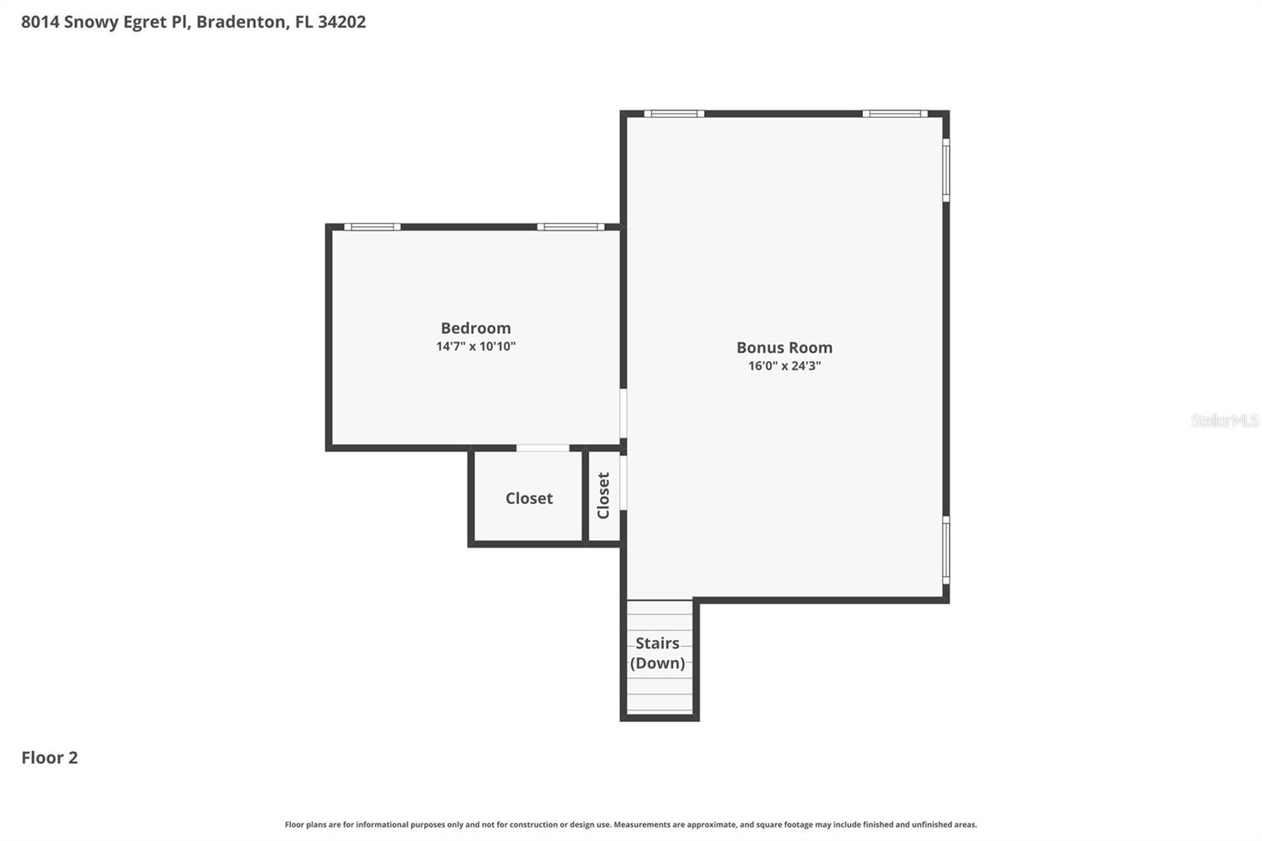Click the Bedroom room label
pos(476,328)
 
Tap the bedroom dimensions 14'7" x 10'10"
pos(476,346)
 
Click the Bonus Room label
pos(784,348)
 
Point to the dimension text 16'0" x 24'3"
pos(784,366)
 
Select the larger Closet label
pos(528,499)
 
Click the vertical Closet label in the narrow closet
pos(603,495)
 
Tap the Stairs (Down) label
pos(657,653)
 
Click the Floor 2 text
pos(49,757)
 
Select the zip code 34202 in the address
pos(342,22)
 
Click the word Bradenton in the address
pos(241,22)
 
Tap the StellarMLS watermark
pos(1224,420)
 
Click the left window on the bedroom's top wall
pos(372,227)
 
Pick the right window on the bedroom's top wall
pos(571,227)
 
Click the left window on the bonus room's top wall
pos(674,114)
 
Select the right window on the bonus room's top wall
pos(894,114)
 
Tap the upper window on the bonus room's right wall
pos(946,170)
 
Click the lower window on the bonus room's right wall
pos(946,550)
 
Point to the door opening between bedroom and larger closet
pos(543,448)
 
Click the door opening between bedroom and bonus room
pos(623,413)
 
